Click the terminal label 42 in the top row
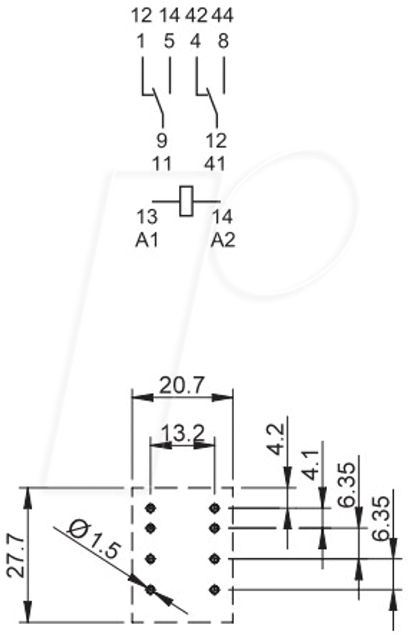pos(197,16)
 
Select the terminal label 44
pos(222,16)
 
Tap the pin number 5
pos(169,41)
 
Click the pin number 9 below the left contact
pos(162,141)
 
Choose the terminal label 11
pos(161,164)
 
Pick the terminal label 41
pos(215,164)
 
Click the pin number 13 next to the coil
pos(146,217)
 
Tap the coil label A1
pos(146,241)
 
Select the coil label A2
pos(223,241)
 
